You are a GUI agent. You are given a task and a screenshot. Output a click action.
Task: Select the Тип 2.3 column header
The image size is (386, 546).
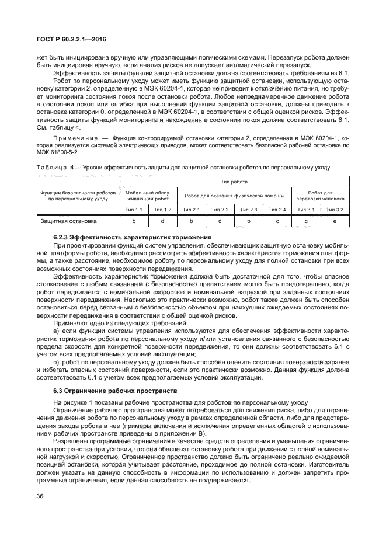pyautogui.click(x=248, y=210)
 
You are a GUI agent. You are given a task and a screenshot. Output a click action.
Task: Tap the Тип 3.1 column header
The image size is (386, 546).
pyautogui.click(x=305, y=210)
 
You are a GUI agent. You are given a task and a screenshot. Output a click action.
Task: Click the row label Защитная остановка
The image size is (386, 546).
pyautogui.click(x=69, y=221)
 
